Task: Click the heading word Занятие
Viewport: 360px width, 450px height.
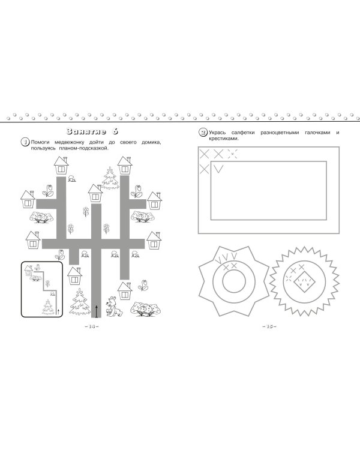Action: tap(86, 131)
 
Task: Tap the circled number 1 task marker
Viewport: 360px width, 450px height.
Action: tap(25, 142)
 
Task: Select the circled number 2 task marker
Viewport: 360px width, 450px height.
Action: tap(203, 133)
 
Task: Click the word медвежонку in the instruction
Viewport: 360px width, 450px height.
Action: tap(70, 143)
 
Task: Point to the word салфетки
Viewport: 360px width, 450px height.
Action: tap(243, 133)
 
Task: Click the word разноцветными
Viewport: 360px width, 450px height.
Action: tap(280, 133)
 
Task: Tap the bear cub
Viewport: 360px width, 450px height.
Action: tap(113, 307)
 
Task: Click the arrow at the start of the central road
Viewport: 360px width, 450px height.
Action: tap(97, 311)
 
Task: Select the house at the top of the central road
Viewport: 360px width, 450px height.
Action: tap(95, 193)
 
